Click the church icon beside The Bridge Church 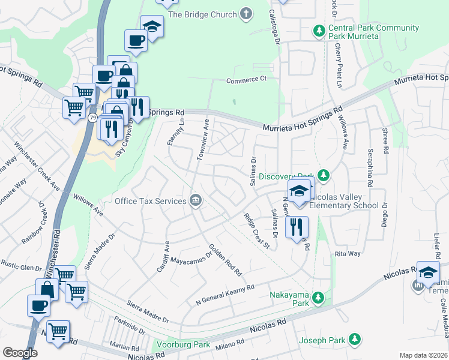[x=246, y=14]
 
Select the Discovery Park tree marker [x=324, y=176]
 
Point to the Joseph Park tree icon [x=355, y=340]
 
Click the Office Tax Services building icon [x=196, y=200]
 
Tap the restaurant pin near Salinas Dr [x=297, y=227]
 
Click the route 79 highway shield [x=92, y=118]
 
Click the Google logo [x=20, y=353]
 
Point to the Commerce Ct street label [x=246, y=79]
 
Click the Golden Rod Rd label [x=225, y=260]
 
